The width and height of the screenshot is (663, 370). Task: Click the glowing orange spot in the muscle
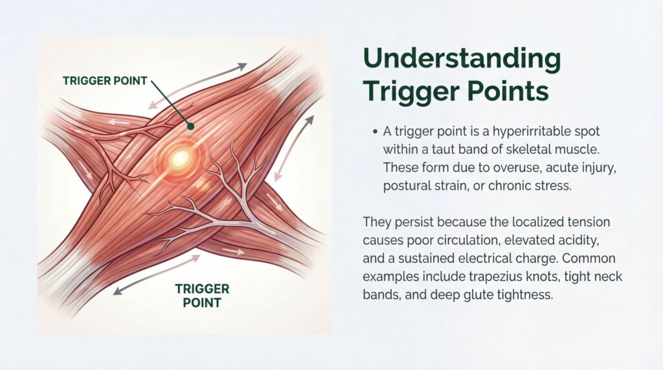tap(180, 156)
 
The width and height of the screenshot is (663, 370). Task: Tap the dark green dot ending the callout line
tap(190, 126)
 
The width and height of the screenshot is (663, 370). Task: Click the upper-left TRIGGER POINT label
tap(105, 81)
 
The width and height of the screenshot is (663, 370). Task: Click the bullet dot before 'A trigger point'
tap(376, 132)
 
